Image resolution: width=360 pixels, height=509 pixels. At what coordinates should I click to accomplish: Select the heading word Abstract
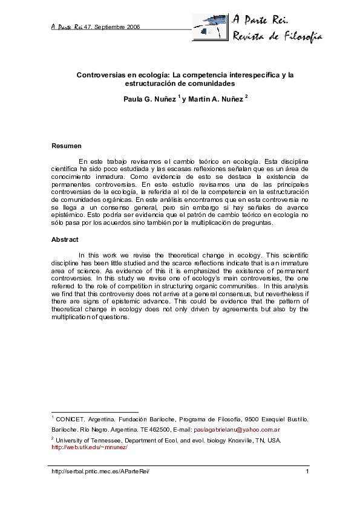click(65, 239)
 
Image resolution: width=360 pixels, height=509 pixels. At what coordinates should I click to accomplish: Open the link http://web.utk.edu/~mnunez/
click(90, 447)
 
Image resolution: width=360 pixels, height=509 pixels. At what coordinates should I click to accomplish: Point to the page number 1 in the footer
click(307, 472)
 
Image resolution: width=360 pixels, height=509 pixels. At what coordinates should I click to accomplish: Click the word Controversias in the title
click(100, 75)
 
